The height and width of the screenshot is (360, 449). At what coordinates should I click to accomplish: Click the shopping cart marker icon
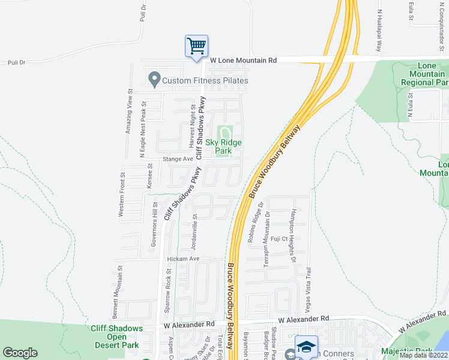pos(196,46)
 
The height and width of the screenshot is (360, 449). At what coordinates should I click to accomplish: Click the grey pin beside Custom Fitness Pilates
pos(154,79)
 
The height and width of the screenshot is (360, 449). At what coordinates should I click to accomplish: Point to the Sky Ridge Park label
pos(224,146)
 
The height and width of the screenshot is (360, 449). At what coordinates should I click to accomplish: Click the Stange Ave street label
pos(178,159)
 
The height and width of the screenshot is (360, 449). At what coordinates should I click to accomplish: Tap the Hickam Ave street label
pos(182,259)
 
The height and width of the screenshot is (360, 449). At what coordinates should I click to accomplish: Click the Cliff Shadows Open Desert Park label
pos(116,337)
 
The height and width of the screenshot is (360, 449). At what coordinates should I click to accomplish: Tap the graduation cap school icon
pos(306,347)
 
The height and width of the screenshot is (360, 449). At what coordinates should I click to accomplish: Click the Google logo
pos(20,353)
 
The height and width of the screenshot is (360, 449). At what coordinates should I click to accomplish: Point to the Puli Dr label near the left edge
pos(17,62)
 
